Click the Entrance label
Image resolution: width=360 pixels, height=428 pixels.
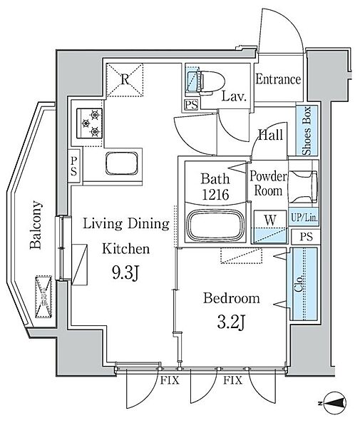coord(277,79)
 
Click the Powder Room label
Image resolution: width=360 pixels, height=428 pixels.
coord(268,184)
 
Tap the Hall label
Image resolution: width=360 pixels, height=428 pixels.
coord(270,136)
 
